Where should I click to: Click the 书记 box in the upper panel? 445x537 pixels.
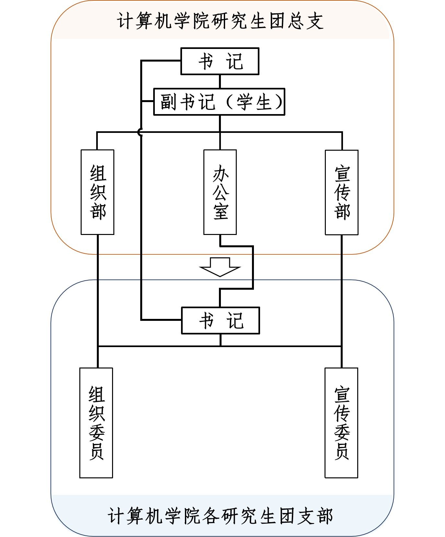(x=220, y=61)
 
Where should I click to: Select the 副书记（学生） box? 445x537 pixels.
(x=219, y=102)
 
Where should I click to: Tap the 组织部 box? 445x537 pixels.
(x=97, y=192)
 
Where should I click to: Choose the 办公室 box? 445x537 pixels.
(x=220, y=192)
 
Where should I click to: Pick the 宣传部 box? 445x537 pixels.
(x=342, y=192)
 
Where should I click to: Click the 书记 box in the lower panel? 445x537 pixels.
(x=220, y=320)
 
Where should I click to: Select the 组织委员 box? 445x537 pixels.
(x=96, y=423)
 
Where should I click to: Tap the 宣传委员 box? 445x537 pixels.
(x=341, y=423)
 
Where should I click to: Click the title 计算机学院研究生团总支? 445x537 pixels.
(x=221, y=21)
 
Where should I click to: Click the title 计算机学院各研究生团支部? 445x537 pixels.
(x=221, y=516)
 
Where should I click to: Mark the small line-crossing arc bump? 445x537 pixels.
(x=140, y=132)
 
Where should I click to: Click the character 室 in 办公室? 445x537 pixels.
(x=221, y=211)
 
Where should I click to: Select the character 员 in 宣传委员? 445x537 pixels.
(x=342, y=451)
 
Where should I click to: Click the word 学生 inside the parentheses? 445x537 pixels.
(x=254, y=102)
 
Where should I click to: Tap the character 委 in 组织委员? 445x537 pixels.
(x=97, y=432)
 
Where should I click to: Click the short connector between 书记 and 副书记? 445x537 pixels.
(x=220, y=81)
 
